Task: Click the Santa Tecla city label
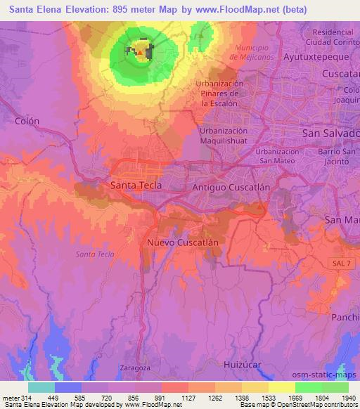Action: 136,186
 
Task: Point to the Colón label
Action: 27,121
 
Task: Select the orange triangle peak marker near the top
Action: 141,52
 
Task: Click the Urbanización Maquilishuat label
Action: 224,136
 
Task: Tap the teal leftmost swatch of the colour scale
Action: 41,387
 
